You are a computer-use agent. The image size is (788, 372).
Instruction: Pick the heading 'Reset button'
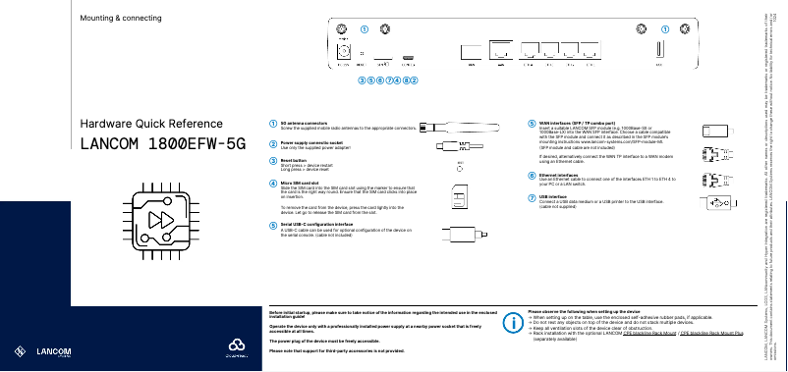(294, 159)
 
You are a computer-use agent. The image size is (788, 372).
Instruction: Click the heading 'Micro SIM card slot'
(301, 183)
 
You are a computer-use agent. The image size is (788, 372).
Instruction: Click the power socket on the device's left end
(345, 50)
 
